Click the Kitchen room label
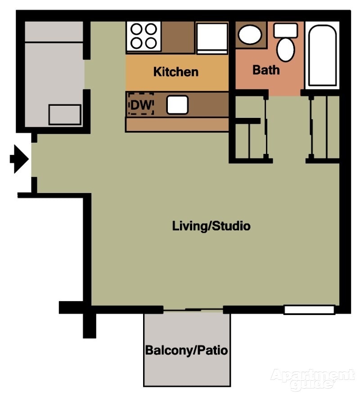coord(175,72)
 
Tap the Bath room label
coord(266,70)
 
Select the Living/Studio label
coord(211,225)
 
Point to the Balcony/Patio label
coord(186,350)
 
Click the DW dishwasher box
coord(141,104)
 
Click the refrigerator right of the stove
coord(211,37)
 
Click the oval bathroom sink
coord(250,35)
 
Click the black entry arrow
coord(19,159)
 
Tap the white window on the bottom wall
coord(309,310)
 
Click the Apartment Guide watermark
coord(312,379)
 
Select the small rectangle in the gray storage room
coord(65,114)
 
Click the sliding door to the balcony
coord(193,310)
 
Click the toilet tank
coord(286,31)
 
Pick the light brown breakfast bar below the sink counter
coord(177,125)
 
